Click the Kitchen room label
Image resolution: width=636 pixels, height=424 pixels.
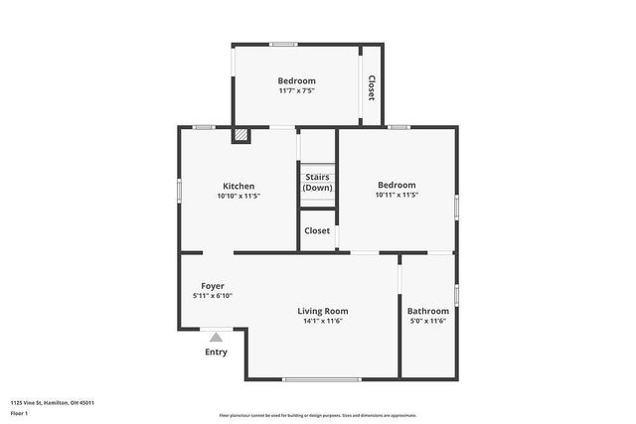[x=238, y=186]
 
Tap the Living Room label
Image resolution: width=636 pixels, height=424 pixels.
[x=324, y=311]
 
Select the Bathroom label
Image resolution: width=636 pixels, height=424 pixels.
[x=428, y=311]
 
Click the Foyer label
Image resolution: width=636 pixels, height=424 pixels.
[x=213, y=286]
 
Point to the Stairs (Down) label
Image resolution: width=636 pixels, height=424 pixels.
[x=318, y=183]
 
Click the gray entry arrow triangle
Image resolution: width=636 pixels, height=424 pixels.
[x=216, y=338]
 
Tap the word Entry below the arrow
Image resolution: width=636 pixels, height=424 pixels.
[x=216, y=353]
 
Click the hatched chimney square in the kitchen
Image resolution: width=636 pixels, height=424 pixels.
[x=240, y=136]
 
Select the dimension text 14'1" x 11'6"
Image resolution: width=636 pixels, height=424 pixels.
[x=324, y=322]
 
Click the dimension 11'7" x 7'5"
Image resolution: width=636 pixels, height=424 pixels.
[x=296, y=91]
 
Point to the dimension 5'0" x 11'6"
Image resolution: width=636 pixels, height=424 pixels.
[x=428, y=322]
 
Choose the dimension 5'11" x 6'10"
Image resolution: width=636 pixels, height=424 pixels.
[x=213, y=296]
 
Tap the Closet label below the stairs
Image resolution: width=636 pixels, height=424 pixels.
[x=317, y=230]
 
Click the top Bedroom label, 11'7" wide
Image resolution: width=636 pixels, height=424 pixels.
[x=296, y=80]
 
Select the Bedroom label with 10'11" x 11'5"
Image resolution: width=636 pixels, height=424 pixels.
[x=397, y=185]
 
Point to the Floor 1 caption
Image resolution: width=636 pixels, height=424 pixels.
[x=18, y=412]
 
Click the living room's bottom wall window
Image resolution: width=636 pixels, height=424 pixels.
[x=323, y=378]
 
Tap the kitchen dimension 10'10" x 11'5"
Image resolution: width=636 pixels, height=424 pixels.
[x=238, y=196]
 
